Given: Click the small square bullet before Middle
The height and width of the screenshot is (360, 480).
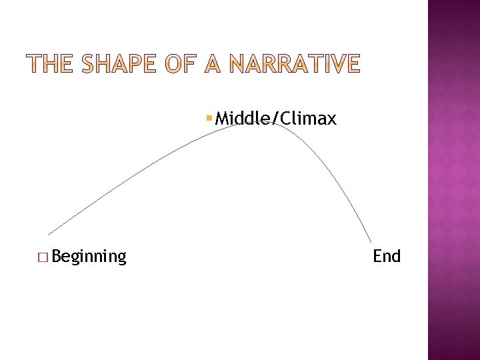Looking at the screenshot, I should pos(209,119).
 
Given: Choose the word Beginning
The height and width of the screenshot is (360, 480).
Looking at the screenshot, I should pos(88,257).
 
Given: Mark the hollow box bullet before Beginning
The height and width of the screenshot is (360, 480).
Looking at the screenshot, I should pos(44,257).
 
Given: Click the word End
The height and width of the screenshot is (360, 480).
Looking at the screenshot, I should pos(387,256).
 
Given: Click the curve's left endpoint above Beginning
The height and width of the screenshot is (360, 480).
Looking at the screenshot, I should pos(49,235).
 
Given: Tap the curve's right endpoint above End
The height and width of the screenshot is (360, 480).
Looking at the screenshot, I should pos(371,242).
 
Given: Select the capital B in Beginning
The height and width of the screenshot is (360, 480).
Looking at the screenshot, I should pos(55,255).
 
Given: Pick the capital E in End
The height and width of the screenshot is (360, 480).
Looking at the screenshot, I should pos(377,255).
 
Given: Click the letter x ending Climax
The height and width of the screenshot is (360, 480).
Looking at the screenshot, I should pos(332,120).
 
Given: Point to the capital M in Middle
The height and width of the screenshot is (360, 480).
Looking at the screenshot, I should pos(222,119).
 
